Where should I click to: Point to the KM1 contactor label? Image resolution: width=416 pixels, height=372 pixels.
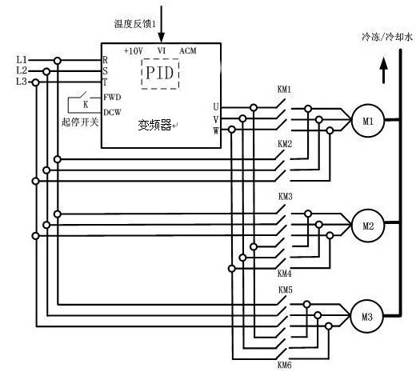[x=284, y=90]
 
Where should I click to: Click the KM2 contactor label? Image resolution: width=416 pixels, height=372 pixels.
[x=285, y=144]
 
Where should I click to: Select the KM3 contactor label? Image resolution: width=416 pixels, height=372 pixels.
[x=286, y=197]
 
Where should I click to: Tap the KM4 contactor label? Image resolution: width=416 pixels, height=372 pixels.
[x=284, y=274]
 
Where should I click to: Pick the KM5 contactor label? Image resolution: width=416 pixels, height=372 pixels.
[x=286, y=290]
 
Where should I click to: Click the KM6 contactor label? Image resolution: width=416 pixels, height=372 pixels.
[x=284, y=365]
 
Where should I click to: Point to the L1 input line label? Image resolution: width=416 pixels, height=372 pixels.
[x=22, y=60]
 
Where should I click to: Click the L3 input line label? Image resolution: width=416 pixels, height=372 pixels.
[x=22, y=82]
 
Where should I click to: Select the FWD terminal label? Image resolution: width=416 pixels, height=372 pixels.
[x=112, y=97]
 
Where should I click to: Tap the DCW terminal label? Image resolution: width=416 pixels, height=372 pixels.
[x=112, y=113]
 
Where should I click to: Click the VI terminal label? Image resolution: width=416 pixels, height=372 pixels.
[x=162, y=50]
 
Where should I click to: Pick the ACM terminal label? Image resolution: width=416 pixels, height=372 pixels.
[x=188, y=50]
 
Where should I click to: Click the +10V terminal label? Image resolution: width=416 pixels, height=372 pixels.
[x=134, y=51]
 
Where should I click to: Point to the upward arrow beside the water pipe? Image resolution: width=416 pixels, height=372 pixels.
[x=384, y=70]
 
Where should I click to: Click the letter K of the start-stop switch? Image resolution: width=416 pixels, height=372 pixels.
[x=86, y=105]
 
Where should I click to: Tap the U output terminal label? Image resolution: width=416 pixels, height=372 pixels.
[x=216, y=107]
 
